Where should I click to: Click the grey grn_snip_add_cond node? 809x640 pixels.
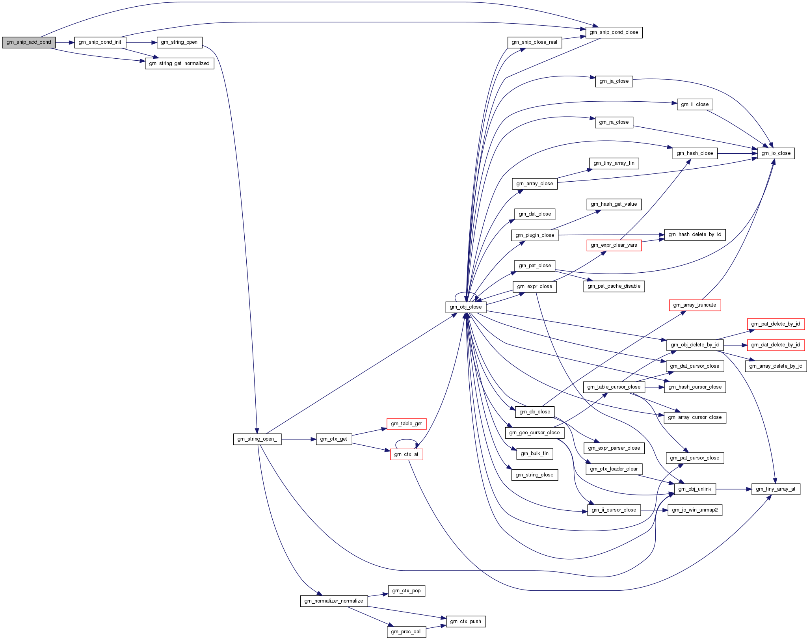[29, 42]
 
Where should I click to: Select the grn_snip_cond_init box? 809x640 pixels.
[100, 42]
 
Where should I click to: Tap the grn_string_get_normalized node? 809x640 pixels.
[179, 63]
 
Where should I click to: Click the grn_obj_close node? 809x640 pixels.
[466, 307]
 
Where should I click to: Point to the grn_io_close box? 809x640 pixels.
[776, 153]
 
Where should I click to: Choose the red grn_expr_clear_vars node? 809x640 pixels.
[614, 245]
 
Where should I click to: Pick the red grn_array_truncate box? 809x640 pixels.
[695, 305]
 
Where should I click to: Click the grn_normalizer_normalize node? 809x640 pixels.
[334, 601]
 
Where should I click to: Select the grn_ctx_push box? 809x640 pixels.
[465, 621]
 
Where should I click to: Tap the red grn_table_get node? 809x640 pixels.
[406, 424]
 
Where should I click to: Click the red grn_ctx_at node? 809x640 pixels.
[406, 454]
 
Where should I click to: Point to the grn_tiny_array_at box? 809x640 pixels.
[776, 489]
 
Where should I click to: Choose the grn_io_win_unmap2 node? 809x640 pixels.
[695, 510]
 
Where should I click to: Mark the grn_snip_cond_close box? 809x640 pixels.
[614, 32]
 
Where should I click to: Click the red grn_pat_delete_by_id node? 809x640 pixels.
[776, 324]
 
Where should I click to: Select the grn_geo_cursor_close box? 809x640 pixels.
[534, 433]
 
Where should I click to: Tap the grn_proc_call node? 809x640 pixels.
[406, 632]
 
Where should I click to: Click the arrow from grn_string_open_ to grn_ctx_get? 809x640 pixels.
[299, 439]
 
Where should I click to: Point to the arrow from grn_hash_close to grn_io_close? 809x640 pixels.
[737, 153]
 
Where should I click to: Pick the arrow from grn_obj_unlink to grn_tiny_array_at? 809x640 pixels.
[733, 489]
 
